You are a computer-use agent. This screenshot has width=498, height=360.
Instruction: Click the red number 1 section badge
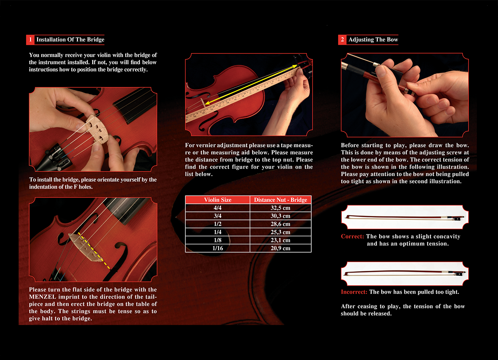pos(30,40)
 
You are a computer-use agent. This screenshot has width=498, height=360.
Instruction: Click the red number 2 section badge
pos(342,40)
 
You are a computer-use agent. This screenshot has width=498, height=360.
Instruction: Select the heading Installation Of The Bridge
pos(70,40)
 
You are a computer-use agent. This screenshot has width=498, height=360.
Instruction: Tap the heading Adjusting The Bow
pos(373,40)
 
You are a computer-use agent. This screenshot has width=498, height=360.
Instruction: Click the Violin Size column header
pos(218,200)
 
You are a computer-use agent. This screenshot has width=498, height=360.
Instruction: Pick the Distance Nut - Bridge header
pos(281,200)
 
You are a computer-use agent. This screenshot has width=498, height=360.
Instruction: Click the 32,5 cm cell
pos(281,208)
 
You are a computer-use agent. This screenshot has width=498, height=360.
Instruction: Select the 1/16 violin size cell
pos(218,248)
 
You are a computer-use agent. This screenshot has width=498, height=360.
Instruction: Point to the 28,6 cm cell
pos(281,224)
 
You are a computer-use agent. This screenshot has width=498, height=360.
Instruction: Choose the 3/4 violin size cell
pos(218,216)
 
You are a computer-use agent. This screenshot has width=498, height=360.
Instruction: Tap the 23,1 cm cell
pos(281,240)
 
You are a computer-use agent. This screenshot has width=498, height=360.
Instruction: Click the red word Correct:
pos(352,236)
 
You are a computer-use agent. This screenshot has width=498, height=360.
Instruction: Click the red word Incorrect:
pos(354,292)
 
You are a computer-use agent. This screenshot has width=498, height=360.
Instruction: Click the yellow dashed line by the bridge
pos(94,251)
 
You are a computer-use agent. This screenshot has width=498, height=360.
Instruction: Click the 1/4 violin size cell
pos(218,232)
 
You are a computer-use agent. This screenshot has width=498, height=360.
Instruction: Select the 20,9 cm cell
pos(281,248)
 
